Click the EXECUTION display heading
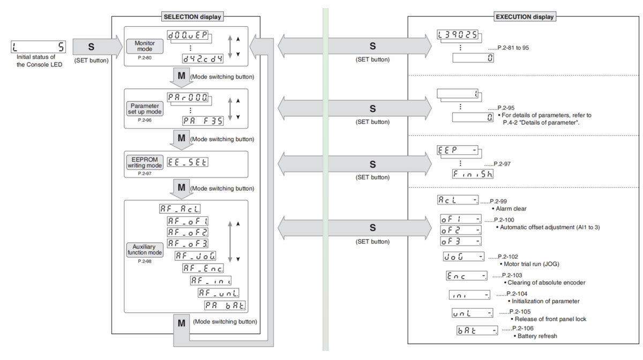(x=524, y=17)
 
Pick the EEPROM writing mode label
(x=144, y=162)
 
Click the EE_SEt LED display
(x=188, y=162)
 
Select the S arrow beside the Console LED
(x=91, y=47)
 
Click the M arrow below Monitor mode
(x=181, y=76)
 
